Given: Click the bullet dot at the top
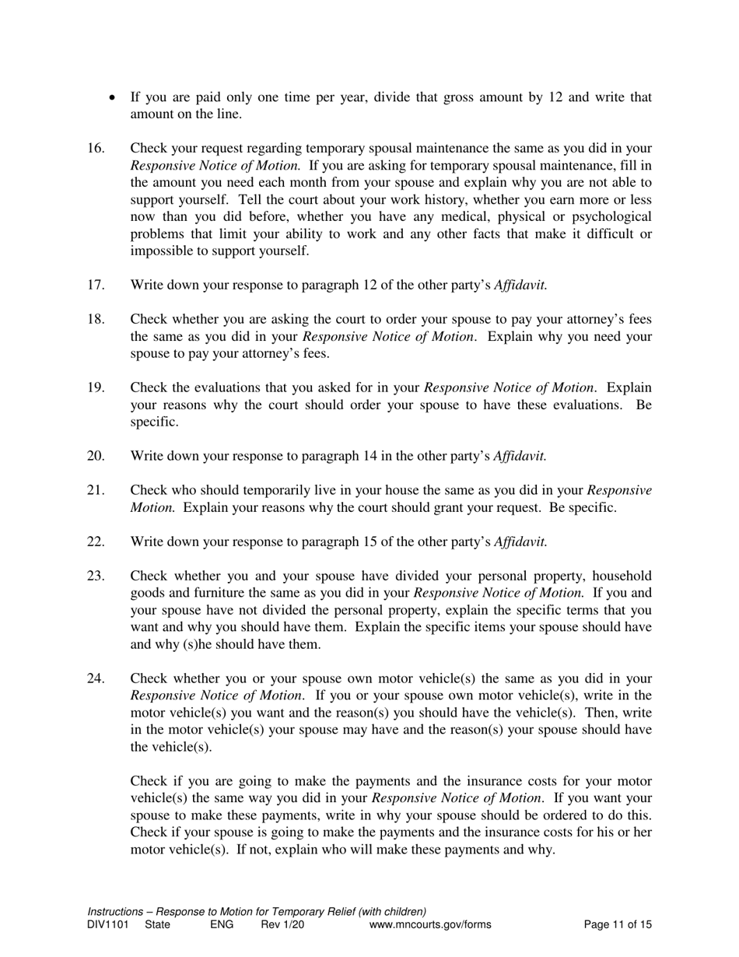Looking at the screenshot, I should pyautogui.click(x=114, y=98).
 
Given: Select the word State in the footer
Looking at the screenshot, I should pyautogui.click(x=157, y=925).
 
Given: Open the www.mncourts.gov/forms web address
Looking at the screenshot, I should pyautogui.click(x=430, y=925).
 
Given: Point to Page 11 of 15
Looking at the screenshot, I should pyautogui.click(x=618, y=925).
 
